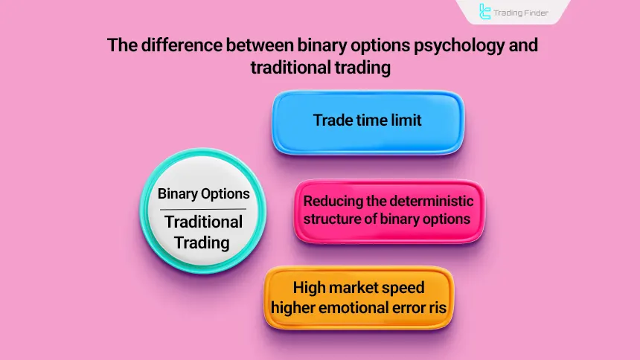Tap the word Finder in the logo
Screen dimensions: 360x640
click(533, 12)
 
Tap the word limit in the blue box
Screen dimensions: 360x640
click(406, 120)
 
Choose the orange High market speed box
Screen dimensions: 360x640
click(359, 298)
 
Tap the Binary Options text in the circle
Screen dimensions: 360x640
click(203, 194)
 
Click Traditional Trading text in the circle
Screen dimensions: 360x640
click(203, 232)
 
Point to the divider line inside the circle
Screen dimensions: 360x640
click(203, 210)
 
